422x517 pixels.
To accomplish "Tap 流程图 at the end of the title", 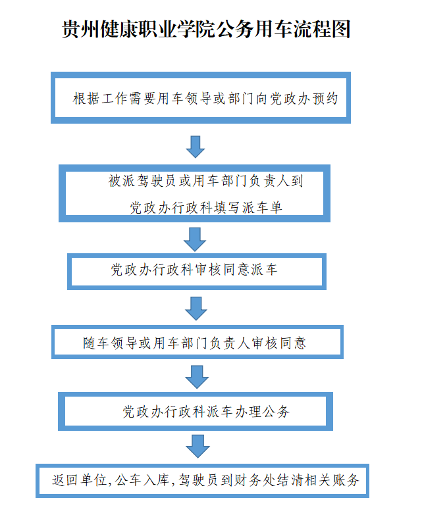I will click(327, 30).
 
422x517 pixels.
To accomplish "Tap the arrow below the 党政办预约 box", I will click(196, 146).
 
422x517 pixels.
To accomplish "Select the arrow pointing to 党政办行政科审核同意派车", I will click(196, 239).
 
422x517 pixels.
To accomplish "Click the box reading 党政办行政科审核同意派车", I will click(197, 270).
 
